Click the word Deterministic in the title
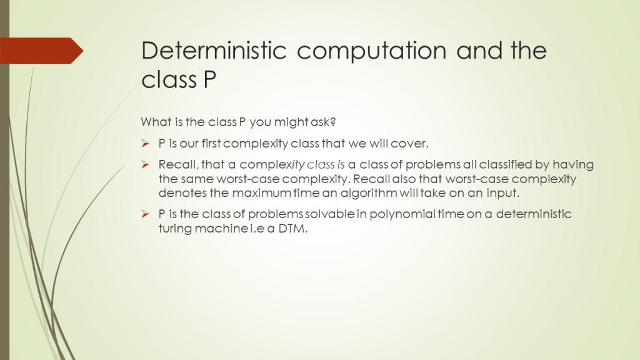214,51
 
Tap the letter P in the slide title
209,79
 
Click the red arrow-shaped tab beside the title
42,51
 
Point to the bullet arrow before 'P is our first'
145,143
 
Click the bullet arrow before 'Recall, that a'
145,164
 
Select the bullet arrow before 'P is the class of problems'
145,214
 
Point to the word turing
175,229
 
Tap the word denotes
182,193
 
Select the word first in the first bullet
211,143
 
